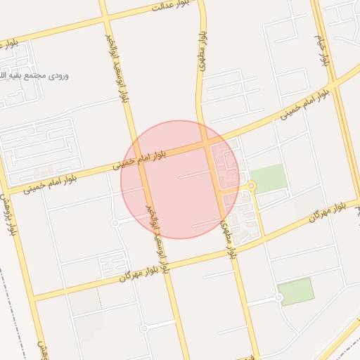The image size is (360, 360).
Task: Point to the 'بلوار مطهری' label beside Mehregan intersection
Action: point(229,239)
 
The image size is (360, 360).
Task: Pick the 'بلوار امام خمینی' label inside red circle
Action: point(140,160)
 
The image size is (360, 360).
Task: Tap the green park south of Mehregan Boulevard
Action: point(295,291)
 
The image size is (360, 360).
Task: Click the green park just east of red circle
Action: point(269,178)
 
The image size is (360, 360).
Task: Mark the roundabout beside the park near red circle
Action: point(252,186)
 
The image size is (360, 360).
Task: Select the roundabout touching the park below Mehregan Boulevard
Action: point(279,298)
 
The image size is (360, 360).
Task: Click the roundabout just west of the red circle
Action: point(115,223)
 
